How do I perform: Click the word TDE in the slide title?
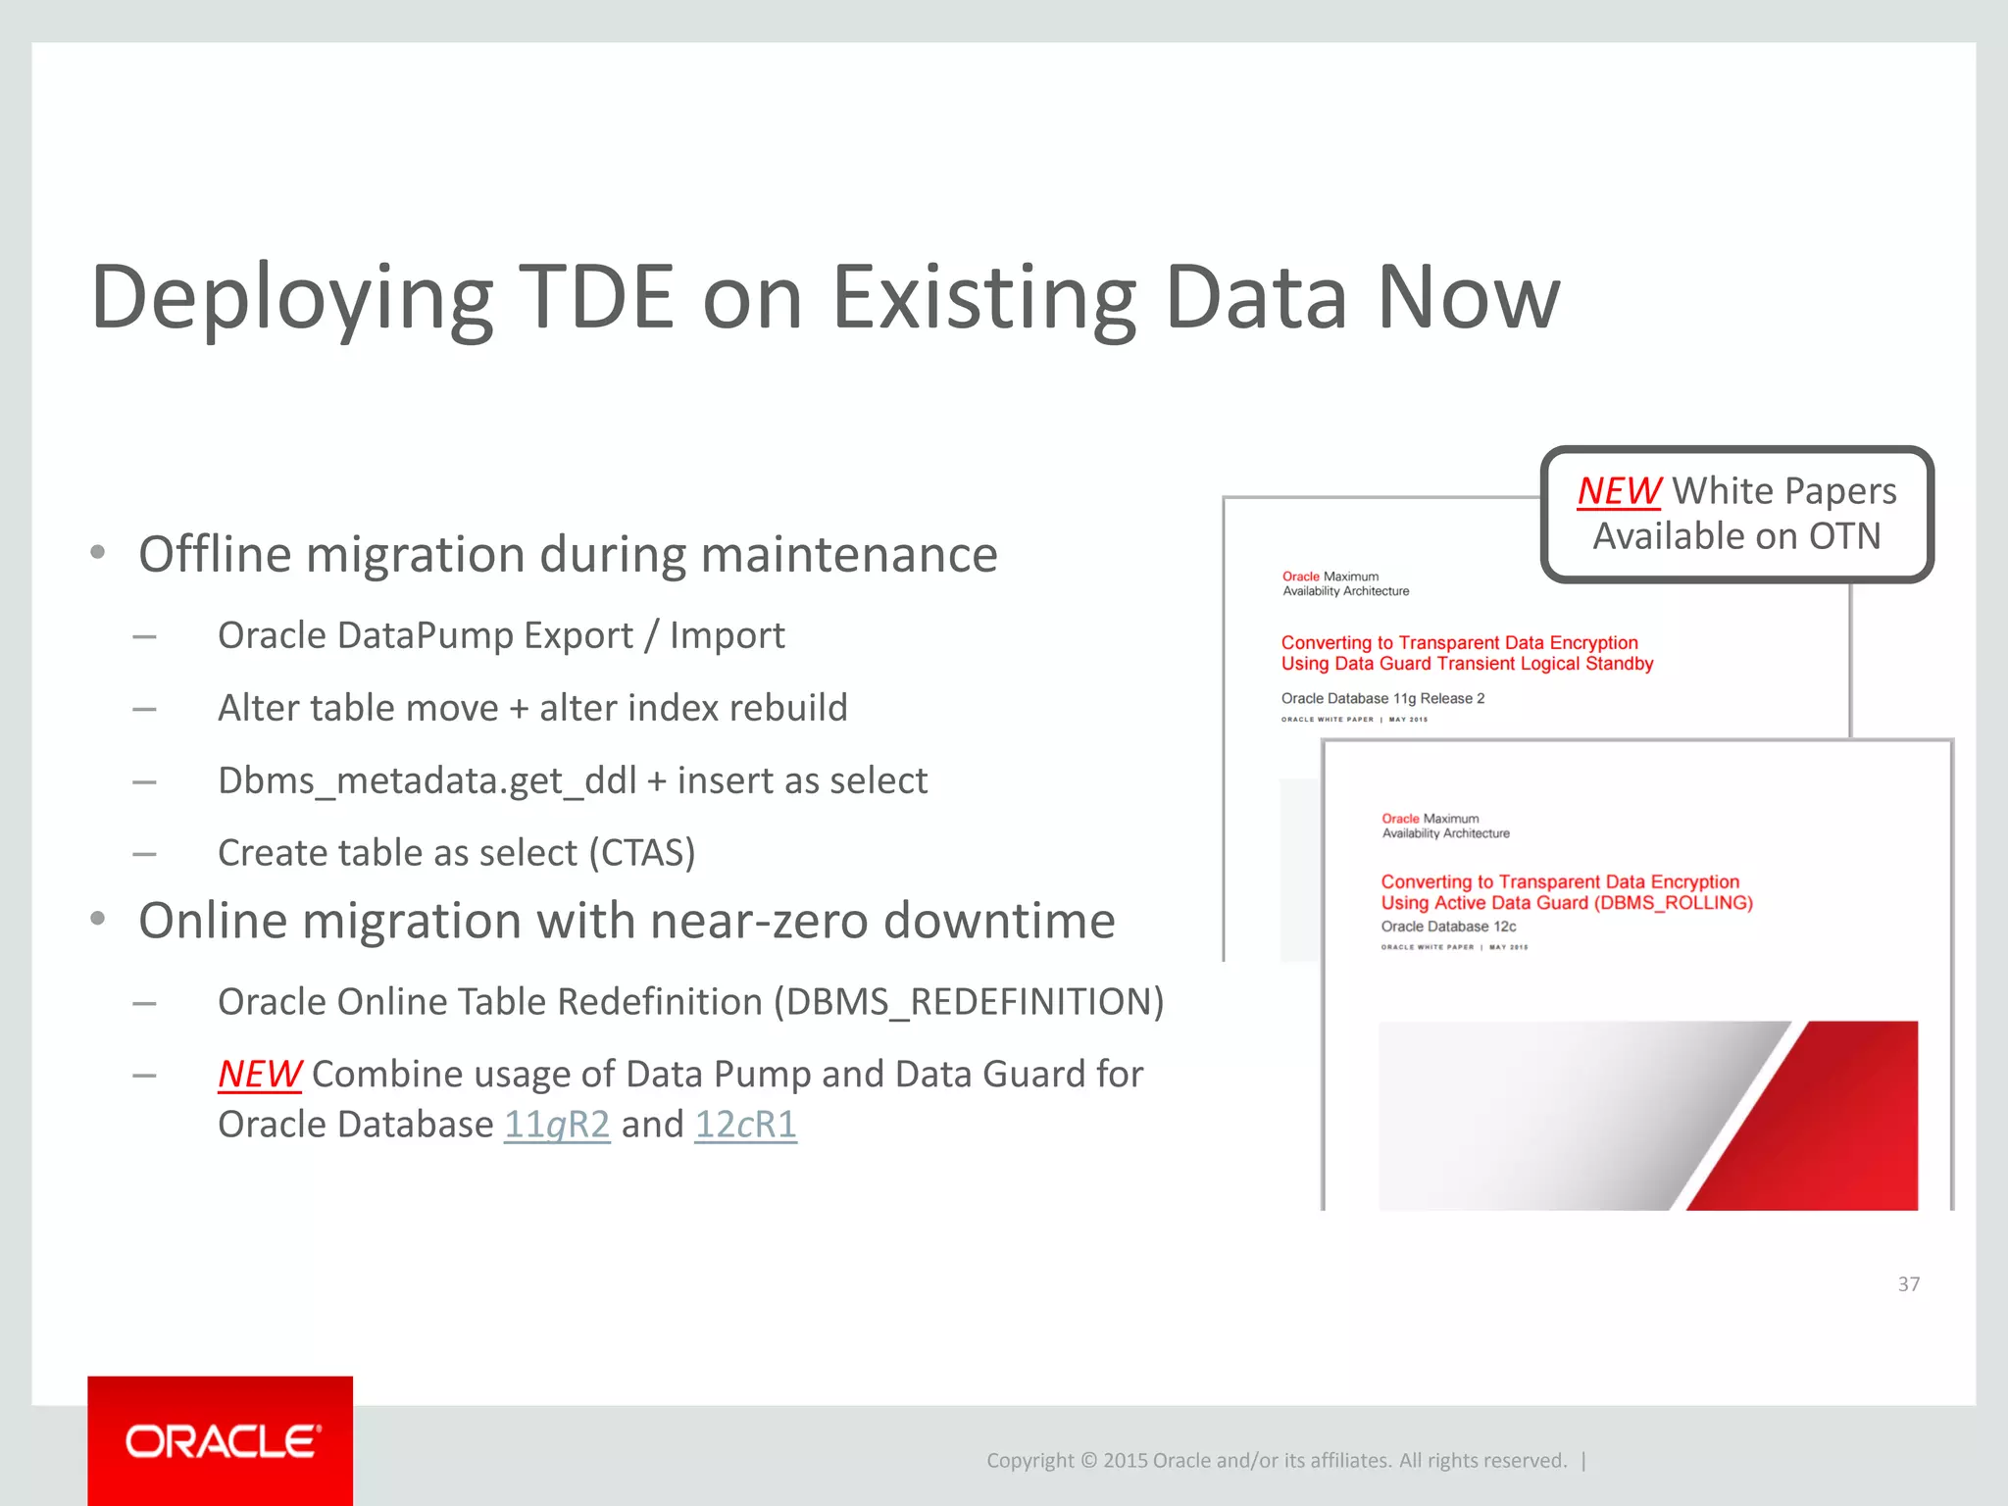click(x=596, y=297)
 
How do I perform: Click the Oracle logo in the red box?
click(x=222, y=1441)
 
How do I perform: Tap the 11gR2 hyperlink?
click(x=557, y=1125)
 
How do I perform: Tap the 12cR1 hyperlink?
click(x=745, y=1125)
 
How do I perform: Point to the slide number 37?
click(x=1908, y=1284)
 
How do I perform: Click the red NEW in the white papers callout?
click(x=1619, y=491)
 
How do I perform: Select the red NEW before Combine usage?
click(x=259, y=1075)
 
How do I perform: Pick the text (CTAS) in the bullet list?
click(x=642, y=853)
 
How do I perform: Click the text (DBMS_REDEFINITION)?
click(x=969, y=1002)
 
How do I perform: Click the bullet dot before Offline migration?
click(x=97, y=553)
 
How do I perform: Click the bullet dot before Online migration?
click(x=97, y=920)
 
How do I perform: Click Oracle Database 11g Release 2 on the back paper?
click(x=1382, y=698)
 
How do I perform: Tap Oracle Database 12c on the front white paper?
click(x=1448, y=927)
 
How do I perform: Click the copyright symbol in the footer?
click(x=1088, y=1461)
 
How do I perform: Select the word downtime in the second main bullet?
click(x=999, y=922)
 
